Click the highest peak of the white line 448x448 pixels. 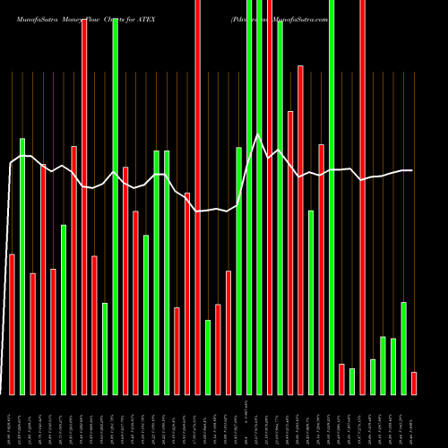point(258,134)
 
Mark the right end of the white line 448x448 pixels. point(412,170)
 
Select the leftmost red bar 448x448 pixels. point(12,324)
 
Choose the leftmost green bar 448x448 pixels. point(22,266)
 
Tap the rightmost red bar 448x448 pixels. point(414,383)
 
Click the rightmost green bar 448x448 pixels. point(403,348)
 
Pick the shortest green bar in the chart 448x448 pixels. point(352,381)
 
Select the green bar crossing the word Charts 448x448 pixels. point(116,206)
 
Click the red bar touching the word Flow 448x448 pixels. point(84,206)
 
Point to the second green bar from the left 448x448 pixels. point(64,309)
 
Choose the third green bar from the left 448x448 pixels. point(105,349)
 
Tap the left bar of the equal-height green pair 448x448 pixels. point(157,272)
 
